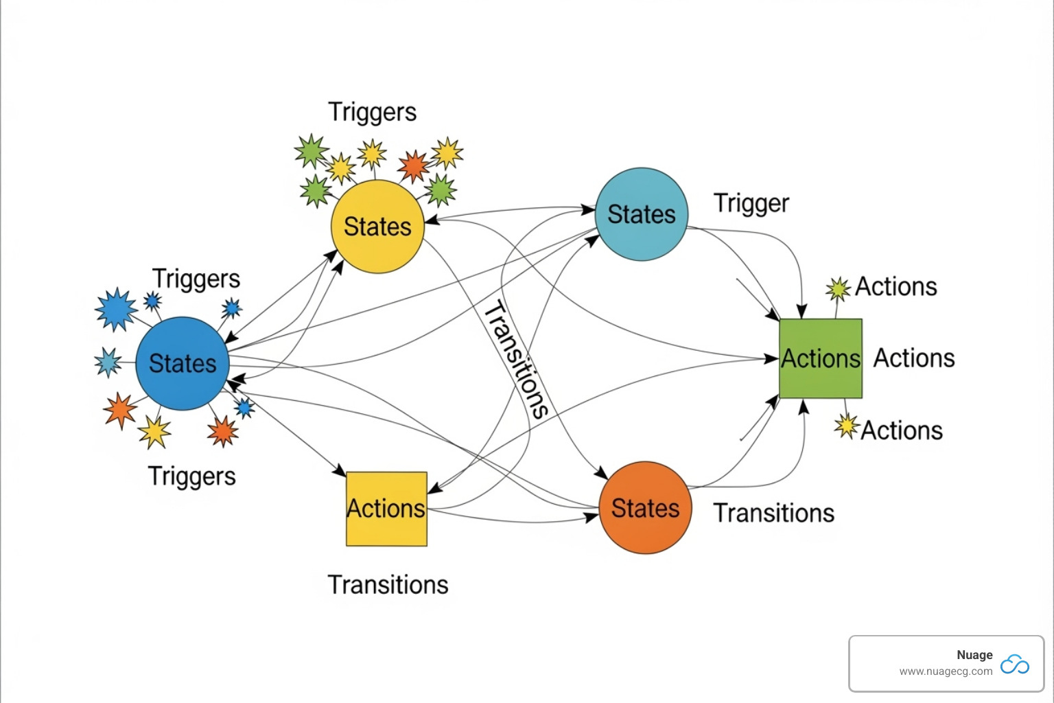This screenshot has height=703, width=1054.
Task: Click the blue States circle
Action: [182, 363]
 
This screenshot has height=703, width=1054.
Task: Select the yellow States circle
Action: [377, 227]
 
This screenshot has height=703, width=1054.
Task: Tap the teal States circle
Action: [642, 214]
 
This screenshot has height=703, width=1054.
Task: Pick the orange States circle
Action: [645, 508]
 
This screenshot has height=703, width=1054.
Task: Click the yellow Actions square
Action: [386, 509]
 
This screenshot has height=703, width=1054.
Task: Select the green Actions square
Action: [821, 358]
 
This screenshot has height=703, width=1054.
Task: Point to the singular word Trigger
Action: [751, 203]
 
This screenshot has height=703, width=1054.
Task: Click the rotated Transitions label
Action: [516, 359]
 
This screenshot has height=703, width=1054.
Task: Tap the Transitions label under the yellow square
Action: [388, 585]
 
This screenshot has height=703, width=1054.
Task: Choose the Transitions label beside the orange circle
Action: [774, 514]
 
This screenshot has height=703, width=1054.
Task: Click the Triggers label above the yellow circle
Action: [372, 112]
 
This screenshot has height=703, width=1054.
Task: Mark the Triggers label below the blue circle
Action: [192, 476]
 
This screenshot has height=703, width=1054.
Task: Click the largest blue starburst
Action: [116, 310]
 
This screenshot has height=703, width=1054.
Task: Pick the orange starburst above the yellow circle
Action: [413, 166]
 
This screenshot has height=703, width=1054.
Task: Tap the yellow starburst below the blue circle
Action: [154, 432]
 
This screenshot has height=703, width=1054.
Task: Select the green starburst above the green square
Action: [838, 289]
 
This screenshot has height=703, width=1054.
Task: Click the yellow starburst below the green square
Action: [847, 426]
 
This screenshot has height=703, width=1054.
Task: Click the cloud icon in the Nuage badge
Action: [1014, 665]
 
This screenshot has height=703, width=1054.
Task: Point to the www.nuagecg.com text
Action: [946, 671]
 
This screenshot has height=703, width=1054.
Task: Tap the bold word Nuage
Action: [974, 655]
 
